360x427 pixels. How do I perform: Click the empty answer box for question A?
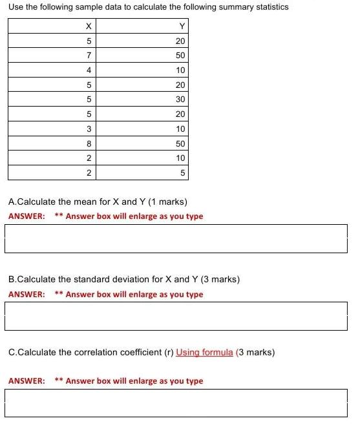point(176,238)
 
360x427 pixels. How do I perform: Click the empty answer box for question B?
point(176,316)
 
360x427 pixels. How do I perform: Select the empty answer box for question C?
point(176,402)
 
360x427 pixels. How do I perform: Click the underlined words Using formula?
point(204,353)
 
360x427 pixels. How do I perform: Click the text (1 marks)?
point(164,202)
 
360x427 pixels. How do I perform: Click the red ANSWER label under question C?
point(26,381)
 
